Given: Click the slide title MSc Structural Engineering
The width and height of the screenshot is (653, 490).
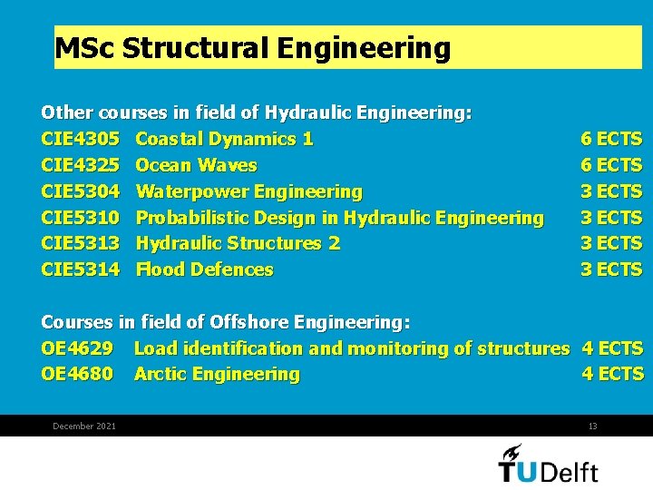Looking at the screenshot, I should pyautogui.click(x=252, y=48).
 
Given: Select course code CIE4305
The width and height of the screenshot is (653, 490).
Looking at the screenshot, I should pyautogui.click(x=80, y=139).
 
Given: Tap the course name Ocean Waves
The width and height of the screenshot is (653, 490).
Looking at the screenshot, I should pyautogui.click(x=196, y=165).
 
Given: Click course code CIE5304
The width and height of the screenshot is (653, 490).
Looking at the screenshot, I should pyautogui.click(x=80, y=191).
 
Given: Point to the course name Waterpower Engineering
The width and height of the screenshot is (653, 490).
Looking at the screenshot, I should pyautogui.click(x=249, y=191).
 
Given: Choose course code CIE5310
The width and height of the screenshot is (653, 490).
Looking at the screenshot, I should pyautogui.click(x=80, y=218).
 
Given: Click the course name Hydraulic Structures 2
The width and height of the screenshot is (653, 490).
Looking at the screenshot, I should pyautogui.click(x=238, y=243).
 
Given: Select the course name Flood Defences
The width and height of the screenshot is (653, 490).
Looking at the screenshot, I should pyautogui.click(x=204, y=269).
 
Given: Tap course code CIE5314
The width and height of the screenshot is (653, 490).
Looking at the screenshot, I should pyautogui.click(x=80, y=269).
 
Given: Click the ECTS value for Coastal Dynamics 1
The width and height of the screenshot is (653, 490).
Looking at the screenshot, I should pyautogui.click(x=611, y=139).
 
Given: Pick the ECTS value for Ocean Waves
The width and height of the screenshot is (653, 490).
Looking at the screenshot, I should pyautogui.click(x=611, y=165).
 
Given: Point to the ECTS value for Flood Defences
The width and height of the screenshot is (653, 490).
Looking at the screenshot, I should pyautogui.click(x=611, y=269).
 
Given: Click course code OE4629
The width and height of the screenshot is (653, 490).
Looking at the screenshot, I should pyautogui.click(x=77, y=348).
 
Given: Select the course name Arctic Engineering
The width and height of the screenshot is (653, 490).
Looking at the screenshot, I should pyautogui.click(x=217, y=374).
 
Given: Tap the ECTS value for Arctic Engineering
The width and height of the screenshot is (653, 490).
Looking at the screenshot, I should pyautogui.click(x=612, y=374).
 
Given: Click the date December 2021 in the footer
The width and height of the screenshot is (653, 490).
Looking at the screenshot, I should pyautogui.click(x=84, y=426).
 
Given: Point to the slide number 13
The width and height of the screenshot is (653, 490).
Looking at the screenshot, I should pyautogui.click(x=592, y=426).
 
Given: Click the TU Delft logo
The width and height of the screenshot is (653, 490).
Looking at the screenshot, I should pyautogui.click(x=548, y=464).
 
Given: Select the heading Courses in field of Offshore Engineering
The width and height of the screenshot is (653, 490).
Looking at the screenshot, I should pyautogui.click(x=226, y=322).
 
